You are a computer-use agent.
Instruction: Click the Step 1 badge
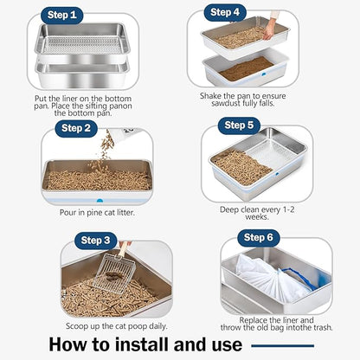coord(63,15)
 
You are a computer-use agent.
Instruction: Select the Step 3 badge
coord(97,240)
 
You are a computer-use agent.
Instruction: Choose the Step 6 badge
coord(259,237)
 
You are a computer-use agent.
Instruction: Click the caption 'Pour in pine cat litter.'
coord(97,212)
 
